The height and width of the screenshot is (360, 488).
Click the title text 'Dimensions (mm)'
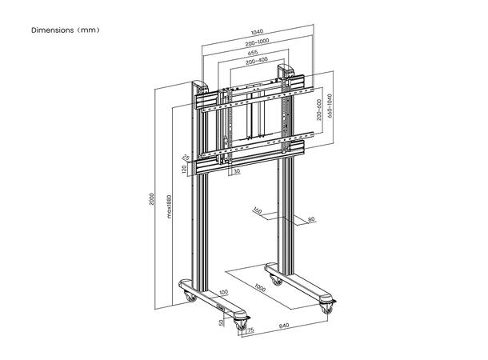[66, 30]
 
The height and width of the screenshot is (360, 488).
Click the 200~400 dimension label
[252, 61]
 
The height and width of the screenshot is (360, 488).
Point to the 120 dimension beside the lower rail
[183, 169]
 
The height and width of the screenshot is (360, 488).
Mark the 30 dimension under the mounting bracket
[238, 170]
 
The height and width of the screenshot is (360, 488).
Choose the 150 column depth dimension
[258, 212]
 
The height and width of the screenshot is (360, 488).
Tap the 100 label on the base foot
[223, 293]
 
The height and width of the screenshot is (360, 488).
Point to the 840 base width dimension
[286, 326]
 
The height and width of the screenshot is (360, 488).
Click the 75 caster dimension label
[250, 330]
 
